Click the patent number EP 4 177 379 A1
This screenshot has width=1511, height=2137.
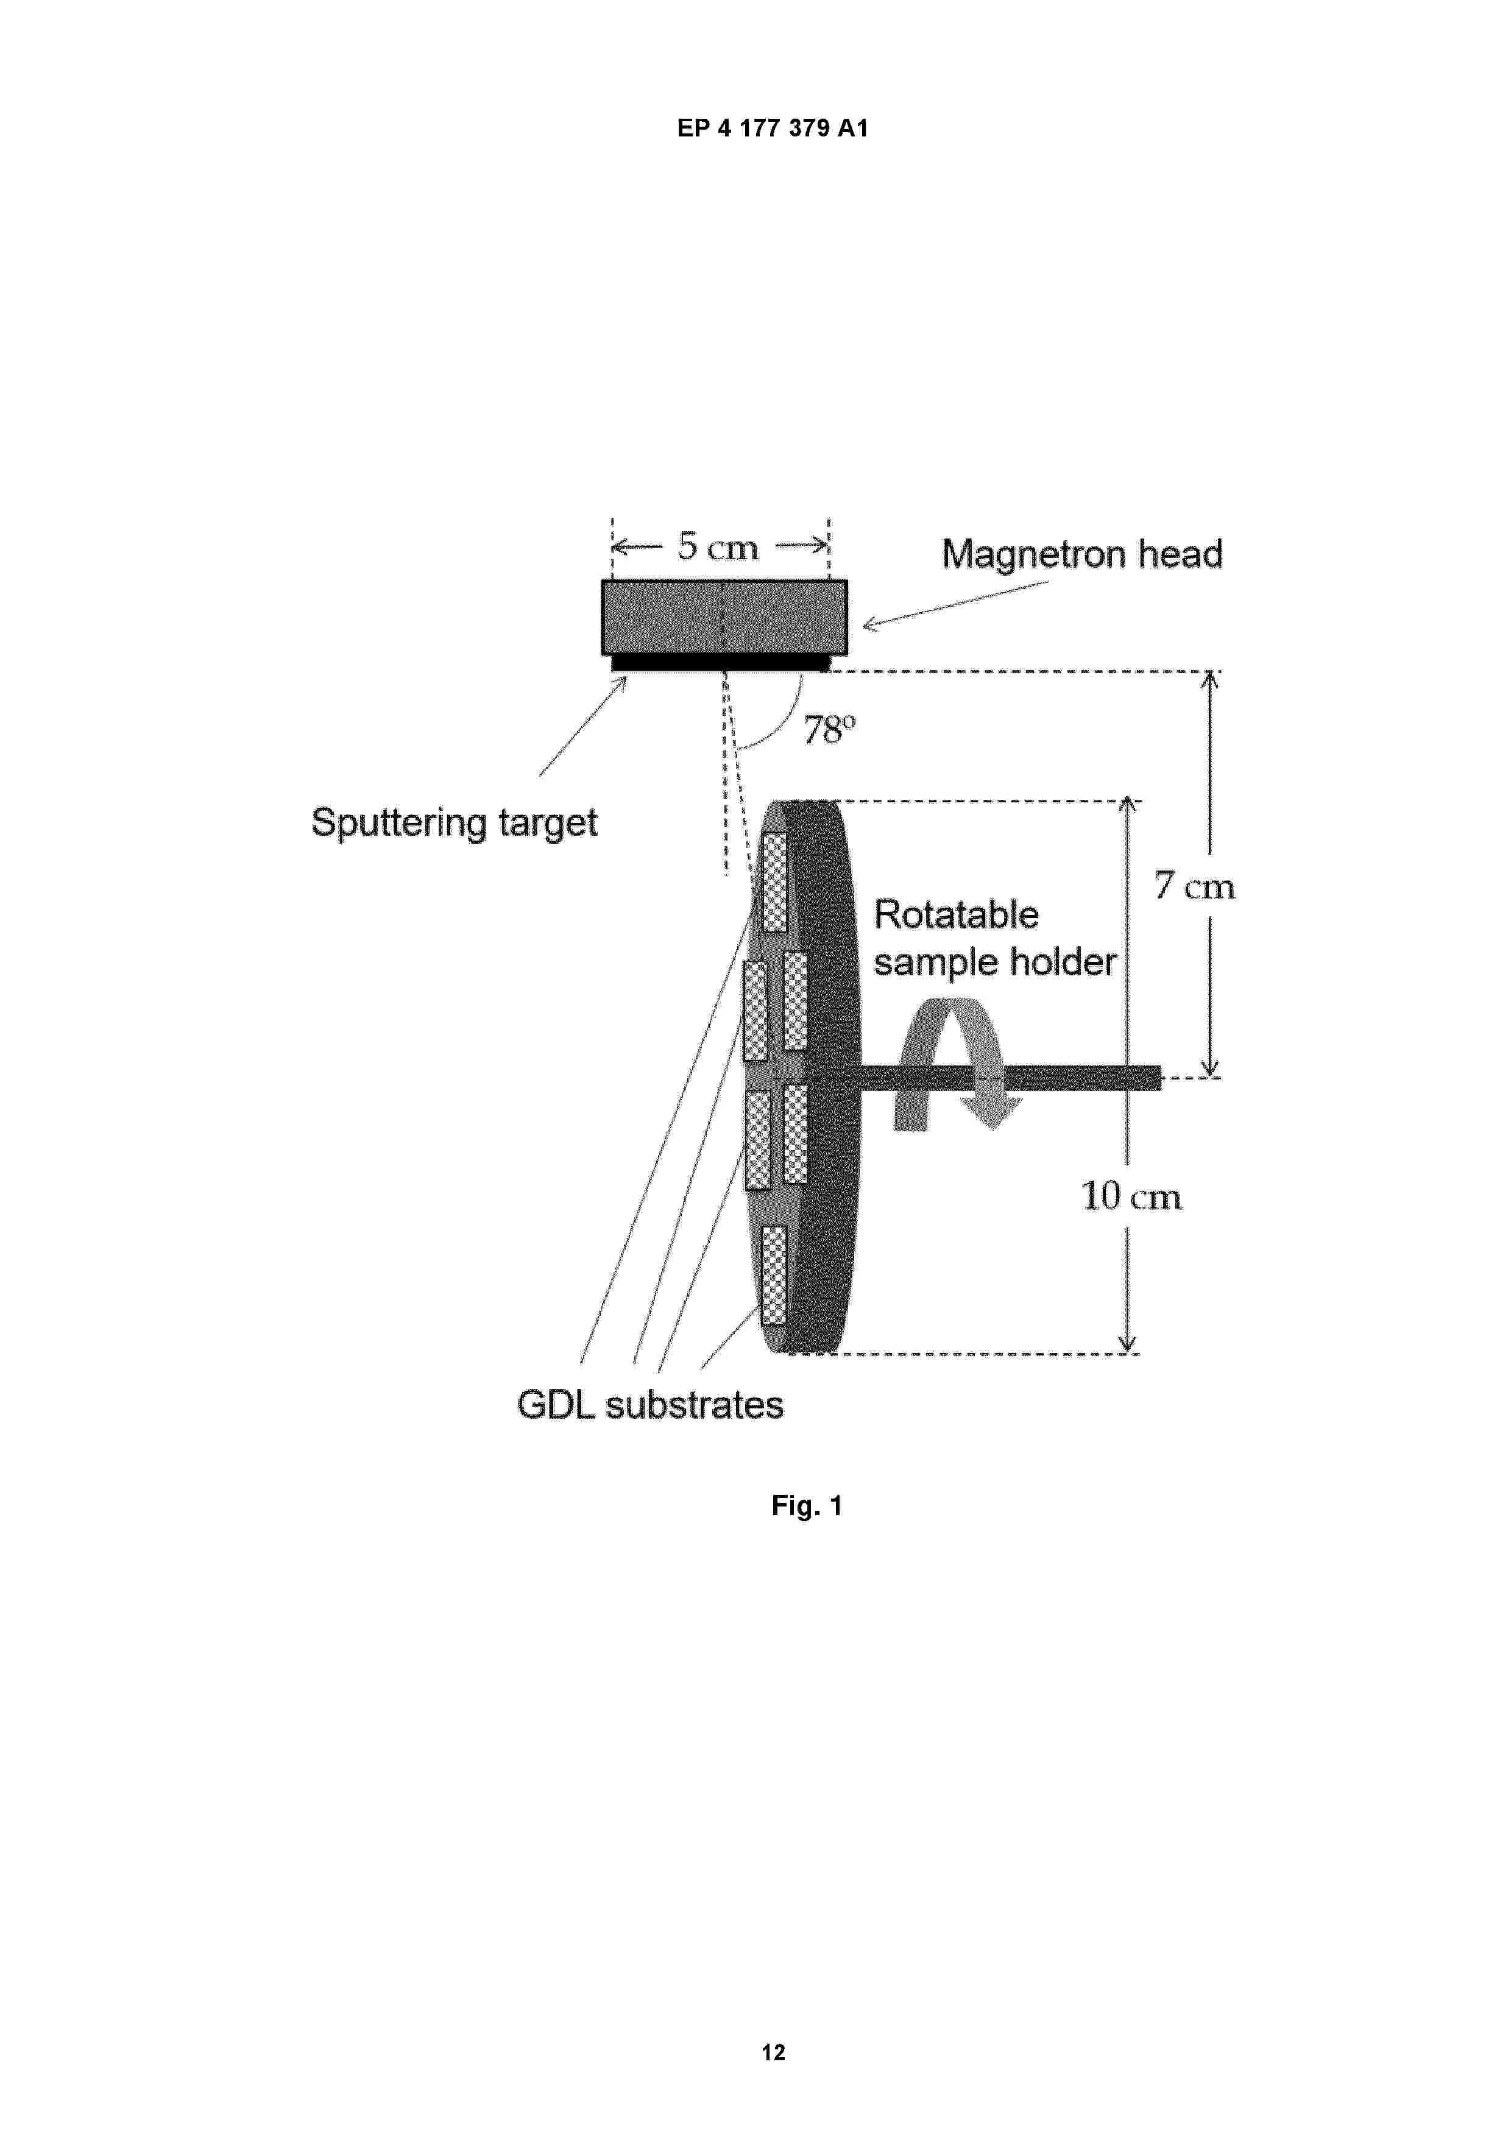tap(772, 129)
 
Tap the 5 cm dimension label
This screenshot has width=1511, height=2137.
tap(718, 546)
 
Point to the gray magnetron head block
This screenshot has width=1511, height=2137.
tap(724, 617)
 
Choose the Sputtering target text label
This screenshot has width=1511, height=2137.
tap(455, 824)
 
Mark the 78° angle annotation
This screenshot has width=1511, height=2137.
tap(829, 730)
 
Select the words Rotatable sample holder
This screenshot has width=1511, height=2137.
tap(994, 938)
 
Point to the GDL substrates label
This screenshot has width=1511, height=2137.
tap(650, 1405)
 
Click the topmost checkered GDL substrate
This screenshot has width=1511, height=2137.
tap(774, 881)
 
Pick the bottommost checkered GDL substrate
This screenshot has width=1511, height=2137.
tap(774, 1275)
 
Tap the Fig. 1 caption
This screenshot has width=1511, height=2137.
tap(806, 1505)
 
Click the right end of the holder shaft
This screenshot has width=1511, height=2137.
tap(1160, 1078)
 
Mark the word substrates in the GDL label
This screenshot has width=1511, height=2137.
tap(695, 1405)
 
